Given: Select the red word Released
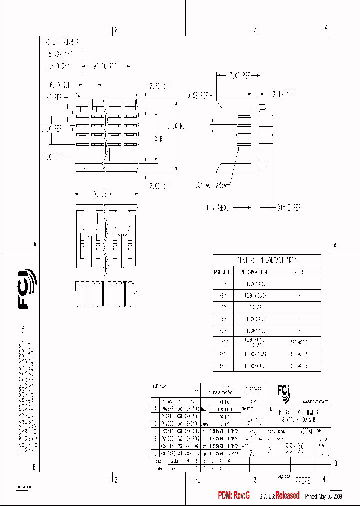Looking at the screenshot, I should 287,496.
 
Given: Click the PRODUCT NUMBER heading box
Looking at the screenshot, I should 59,42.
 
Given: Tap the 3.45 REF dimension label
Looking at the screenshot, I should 283,93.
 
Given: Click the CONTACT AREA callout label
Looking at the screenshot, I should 210,184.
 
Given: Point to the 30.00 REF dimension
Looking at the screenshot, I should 105,66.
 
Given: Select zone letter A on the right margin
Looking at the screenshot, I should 335,245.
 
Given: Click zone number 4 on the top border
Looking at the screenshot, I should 326,29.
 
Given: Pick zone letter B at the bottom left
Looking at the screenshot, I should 34,467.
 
